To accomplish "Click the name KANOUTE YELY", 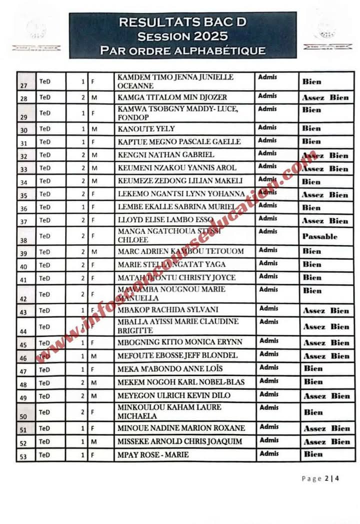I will click(146, 129).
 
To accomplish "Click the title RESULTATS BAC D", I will click(182, 22).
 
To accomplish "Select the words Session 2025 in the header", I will click(182, 36).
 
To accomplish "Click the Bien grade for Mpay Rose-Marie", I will click(313, 454).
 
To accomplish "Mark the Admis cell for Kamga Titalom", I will click(267, 96).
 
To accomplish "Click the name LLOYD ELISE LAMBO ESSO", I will click(165, 220).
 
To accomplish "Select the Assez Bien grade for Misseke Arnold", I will click(326, 442).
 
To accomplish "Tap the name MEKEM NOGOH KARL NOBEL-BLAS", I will click(181, 382).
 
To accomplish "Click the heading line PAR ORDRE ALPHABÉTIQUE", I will click(182, 50).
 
